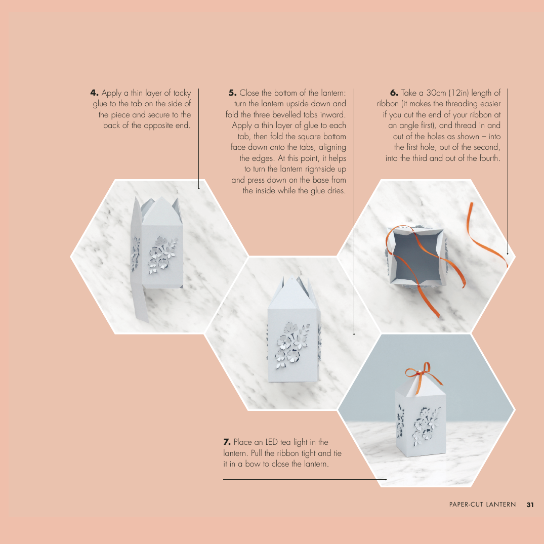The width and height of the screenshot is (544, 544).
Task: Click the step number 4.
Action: (94, 93)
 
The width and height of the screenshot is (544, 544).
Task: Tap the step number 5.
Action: (232, 93)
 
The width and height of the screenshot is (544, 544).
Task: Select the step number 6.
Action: (394, 93)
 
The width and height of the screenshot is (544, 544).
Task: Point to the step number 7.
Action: (227, 442)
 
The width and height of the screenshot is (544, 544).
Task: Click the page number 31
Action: (530, 505)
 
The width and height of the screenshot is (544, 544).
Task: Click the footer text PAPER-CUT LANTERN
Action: (483, 505)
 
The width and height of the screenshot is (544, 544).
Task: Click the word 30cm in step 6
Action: (436, 93)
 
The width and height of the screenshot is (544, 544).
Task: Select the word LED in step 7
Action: (272, 442)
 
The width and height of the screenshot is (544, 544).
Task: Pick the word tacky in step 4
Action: (182, 93)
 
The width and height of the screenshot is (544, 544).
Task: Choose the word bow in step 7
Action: (253, 464)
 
